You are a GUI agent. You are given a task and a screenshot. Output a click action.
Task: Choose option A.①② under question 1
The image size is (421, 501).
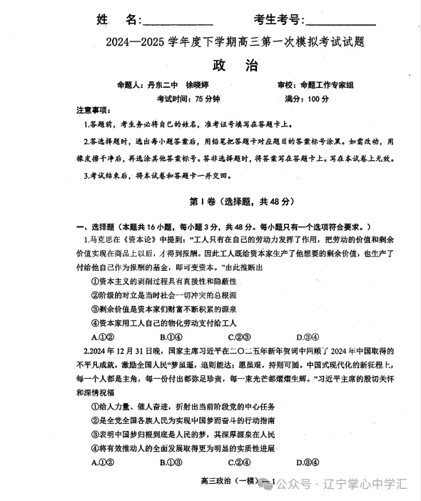point(101,337)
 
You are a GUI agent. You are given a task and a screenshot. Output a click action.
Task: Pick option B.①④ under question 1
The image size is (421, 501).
point(169,337)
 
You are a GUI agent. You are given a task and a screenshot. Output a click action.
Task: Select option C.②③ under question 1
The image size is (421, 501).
point(237,337)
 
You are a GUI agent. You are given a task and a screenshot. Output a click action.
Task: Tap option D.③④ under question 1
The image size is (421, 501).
point(305,337)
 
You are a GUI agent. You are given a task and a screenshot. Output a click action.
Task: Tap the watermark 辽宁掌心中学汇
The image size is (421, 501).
point(365,483)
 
